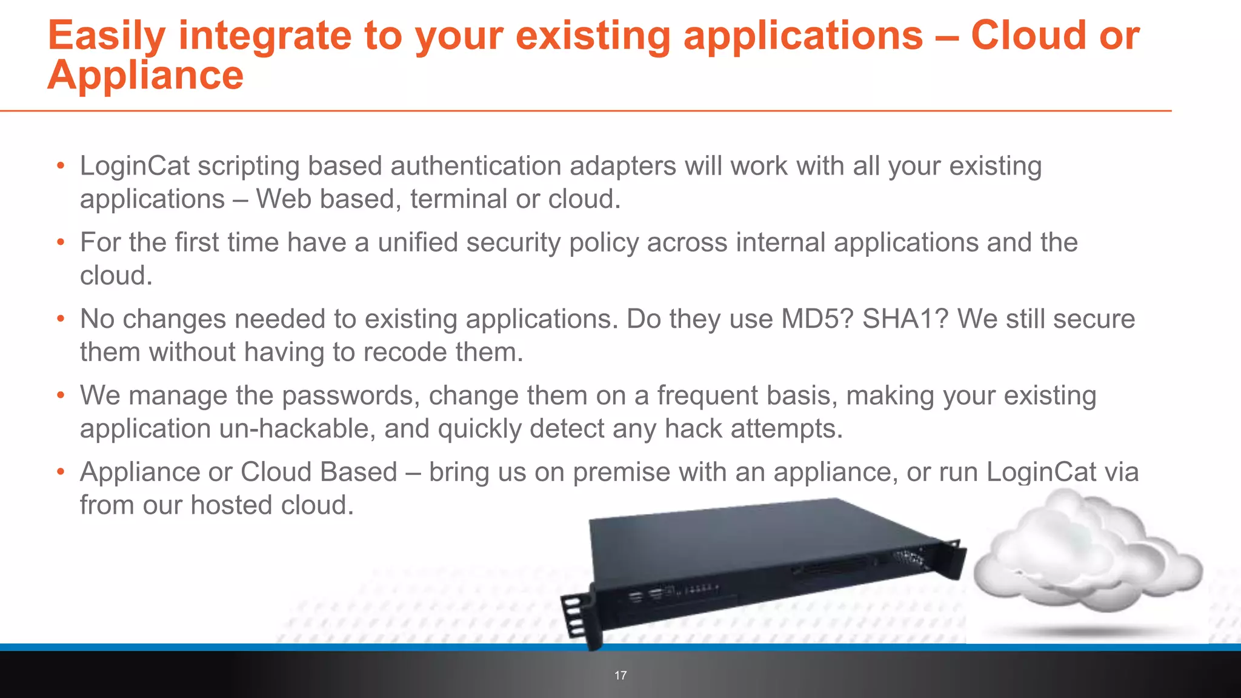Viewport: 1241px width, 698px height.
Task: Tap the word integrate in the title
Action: click(x=264, y=35)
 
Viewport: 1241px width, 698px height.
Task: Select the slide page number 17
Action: click(x=620, y=676)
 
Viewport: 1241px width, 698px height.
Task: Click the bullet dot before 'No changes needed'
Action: click(x=61, y=319)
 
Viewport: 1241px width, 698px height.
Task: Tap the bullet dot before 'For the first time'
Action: click(x=61, y=242)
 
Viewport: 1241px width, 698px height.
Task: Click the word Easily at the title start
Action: click(x=107, y=35)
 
